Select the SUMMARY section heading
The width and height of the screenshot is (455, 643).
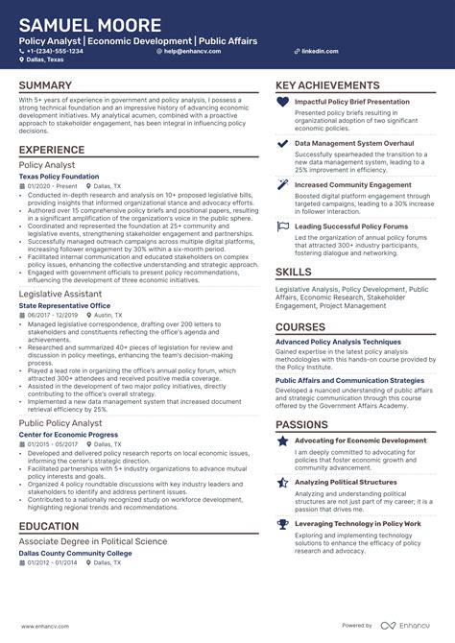tap(45, 86)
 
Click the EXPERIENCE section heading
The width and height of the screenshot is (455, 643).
tap(52, 150)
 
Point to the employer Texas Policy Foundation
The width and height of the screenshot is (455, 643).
tap(59, 176)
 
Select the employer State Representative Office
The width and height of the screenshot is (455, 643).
tap(64, 305)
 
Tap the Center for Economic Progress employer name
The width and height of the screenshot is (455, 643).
tap(67, 435)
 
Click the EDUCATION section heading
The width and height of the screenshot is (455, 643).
tap(48, 526)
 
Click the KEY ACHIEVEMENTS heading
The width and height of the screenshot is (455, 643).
tap(327, 86)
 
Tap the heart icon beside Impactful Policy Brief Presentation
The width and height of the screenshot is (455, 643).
tap(282, 102)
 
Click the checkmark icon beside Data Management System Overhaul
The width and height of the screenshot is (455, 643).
tap(282, 143)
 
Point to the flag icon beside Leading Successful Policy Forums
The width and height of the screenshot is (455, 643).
tap(282, 226)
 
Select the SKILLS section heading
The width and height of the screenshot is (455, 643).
tap(293, 272)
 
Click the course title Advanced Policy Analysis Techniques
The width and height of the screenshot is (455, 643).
tap(338, 342)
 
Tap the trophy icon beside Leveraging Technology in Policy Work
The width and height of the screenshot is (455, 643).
tap(282, 524)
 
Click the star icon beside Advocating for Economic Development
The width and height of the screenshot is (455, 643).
tap(282, 441)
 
